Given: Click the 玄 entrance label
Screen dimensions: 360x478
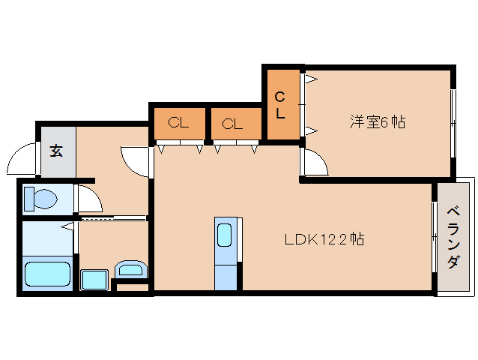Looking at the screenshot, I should click(57, 150).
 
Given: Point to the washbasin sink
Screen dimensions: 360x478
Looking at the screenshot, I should click(132, 269).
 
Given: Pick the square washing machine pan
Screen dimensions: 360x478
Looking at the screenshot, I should click(95, 280).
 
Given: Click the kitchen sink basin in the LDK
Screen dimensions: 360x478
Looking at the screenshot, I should click(225, 235).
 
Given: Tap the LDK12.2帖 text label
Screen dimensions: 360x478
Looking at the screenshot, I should click(324, 240).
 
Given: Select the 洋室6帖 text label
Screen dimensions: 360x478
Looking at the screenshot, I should click(378, 121).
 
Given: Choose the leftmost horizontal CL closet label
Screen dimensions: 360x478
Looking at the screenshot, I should click(178, 124).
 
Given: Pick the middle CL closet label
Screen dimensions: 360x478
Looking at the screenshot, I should click(232, 124).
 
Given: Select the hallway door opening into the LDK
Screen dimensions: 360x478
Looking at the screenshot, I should click(137, 159).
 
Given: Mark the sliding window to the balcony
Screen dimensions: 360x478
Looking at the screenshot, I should click(434, 238).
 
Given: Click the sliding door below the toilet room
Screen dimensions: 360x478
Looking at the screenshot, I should click(112, 218).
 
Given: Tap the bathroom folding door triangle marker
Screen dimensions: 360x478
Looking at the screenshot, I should click(67, 225).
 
